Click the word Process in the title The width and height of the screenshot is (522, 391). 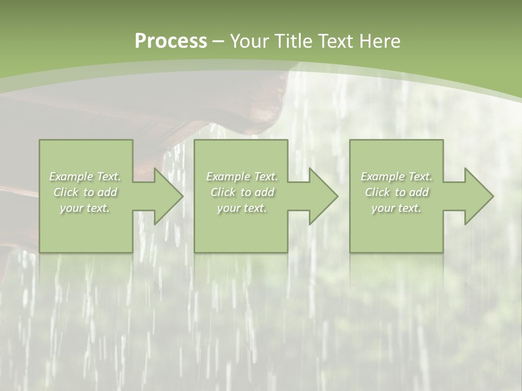pyautogui.click(x=171, y=41)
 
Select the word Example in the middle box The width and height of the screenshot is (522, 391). pyautogui.click(x=228, y=176)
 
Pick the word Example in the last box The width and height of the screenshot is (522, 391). pyautogui.click(x=382, y=176)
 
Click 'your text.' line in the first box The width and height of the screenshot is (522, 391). pyautogui.click(x=85, y=208)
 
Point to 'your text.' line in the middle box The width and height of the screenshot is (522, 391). pyautogui.click(x=242, y=208)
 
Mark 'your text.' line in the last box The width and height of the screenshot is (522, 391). pyautogui.click(x=396, y=208)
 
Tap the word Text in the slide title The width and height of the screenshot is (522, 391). pyautogui.click(x=334, y=41)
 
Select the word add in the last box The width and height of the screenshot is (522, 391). pyautogui.click(x=419, y=192)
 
